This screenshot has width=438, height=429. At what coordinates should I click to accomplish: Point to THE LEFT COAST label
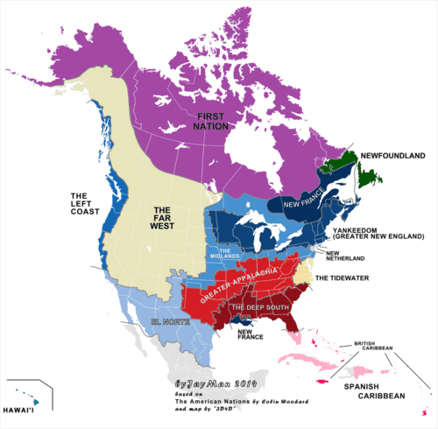click(x=86, y=204)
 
